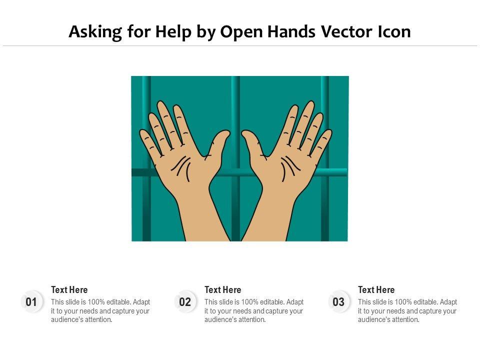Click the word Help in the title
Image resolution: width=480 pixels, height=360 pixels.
click(x=173, y=32)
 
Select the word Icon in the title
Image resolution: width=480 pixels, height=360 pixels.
click(x=394, y=31)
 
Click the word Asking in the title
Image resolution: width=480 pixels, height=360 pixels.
click(x=95, y=32)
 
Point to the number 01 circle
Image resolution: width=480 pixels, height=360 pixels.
click(x=31, y=302)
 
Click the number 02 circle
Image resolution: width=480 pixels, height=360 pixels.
click(x=185, y=302)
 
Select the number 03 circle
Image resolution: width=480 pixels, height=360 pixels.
click(x=338, y=302)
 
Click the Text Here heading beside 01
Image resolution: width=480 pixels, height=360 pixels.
click(x=69, y=289)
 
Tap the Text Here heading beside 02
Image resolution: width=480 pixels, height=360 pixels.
click(x=223, y=289)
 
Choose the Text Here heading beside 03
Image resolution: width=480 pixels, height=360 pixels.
click(x=376, y=289)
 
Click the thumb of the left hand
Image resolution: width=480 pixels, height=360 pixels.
click(x=218, y=144)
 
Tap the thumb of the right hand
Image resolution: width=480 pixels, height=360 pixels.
click(x=253, y=144)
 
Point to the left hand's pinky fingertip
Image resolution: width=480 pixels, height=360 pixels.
click(x=143, y=133)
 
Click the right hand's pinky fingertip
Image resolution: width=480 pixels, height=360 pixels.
click(x=328, y=133)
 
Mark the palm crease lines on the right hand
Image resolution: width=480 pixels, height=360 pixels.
click(x=290, y=168)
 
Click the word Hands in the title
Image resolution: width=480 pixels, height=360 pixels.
click(x=291, y=31)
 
